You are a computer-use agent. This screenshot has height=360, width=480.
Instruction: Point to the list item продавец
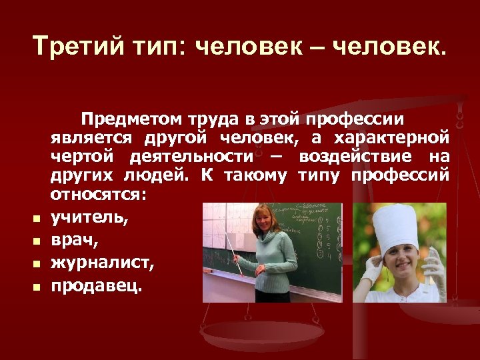97,285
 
